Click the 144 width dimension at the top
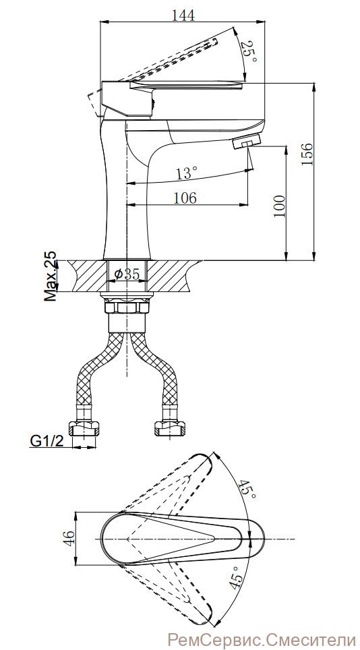pos(183,15)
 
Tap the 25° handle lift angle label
pos(249,51)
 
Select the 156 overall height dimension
pos(307,154)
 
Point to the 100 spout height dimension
pos(280,206)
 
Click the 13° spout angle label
pos(186,173)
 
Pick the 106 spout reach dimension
pos(184,198)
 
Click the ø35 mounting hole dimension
pos(126,274)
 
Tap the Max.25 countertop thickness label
pos(51,275)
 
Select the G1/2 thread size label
pos(47,441)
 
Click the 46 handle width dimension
pos(69,539)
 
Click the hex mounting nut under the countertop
pos(127,307)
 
